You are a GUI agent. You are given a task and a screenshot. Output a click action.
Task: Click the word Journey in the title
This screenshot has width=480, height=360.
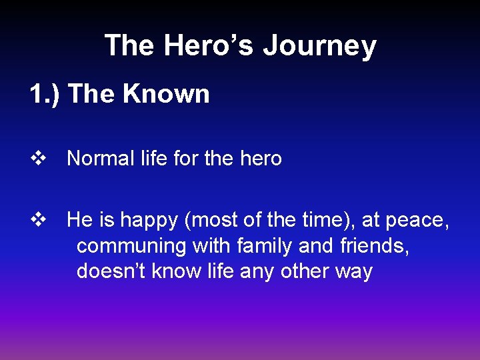click(319, 46)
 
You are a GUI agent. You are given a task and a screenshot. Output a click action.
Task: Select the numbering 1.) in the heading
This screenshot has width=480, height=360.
click(45, 94)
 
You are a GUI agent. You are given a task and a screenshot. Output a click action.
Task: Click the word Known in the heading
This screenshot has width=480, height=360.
click(166, 94)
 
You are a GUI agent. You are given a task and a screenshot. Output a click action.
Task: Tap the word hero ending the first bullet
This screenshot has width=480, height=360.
click(260, 159)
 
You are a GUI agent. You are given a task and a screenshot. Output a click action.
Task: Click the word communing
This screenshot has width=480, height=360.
click(131, 246)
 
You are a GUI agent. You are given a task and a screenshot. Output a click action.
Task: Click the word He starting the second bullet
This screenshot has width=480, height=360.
click(79, 220)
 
